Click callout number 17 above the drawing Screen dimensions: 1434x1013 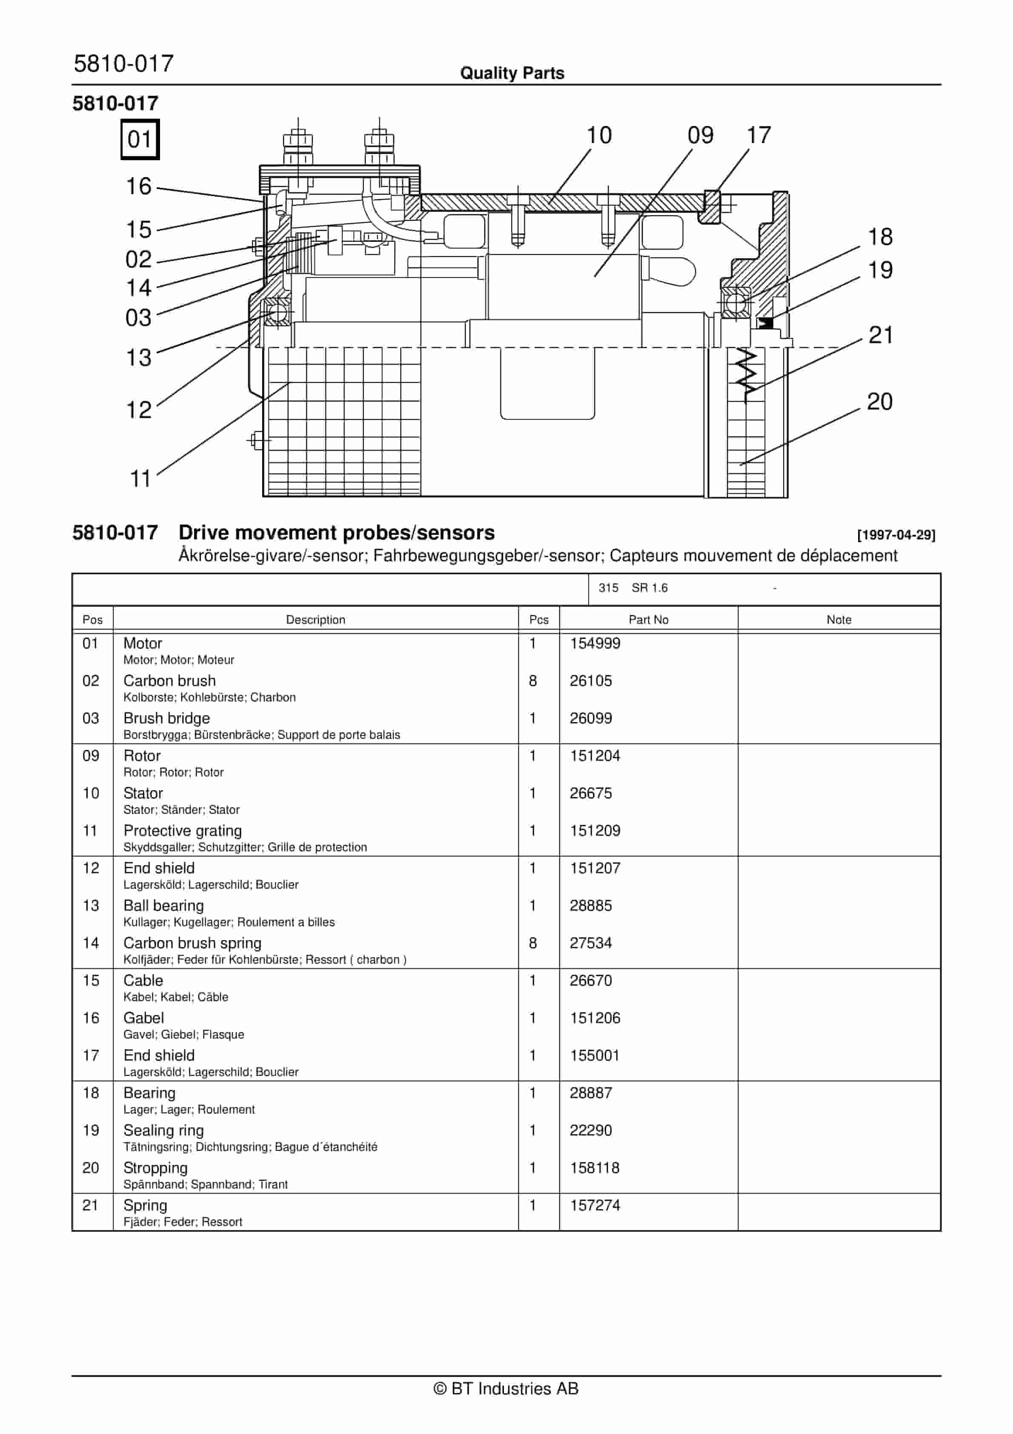[759, 135]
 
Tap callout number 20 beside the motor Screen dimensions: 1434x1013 [879, 402]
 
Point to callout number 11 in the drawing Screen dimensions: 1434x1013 [140, 479]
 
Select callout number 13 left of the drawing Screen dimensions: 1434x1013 [139, 358]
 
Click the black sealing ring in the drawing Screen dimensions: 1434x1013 [765, 323]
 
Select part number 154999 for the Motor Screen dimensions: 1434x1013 [595, 643]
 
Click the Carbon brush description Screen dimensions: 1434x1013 [169, 681]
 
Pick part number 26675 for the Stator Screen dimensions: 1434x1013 [590, 793]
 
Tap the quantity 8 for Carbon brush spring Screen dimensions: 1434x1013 [533, 943]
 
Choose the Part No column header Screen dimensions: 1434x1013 [648, 619]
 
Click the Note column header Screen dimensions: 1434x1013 [839, 619]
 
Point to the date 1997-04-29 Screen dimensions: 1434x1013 [896, 535]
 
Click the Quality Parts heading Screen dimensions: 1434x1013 [512, 73]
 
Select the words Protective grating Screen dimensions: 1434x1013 [182, 831]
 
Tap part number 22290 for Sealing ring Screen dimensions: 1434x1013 [590, 1130]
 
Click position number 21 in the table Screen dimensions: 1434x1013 [91, 1205]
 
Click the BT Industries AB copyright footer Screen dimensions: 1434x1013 [506, 1388]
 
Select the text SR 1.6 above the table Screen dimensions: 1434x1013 [650, 588]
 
